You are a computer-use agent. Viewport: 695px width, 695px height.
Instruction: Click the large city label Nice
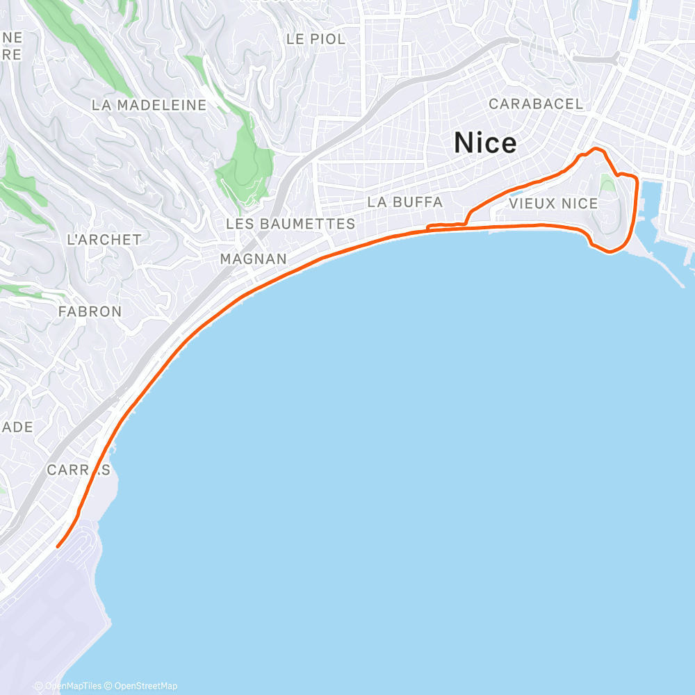click(485, 143)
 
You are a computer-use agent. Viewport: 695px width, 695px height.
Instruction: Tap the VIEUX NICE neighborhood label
click(553, 204)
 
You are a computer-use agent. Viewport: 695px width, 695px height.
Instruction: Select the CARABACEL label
click(535, 104)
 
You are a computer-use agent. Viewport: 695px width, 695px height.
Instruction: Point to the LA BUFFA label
click(404, 202)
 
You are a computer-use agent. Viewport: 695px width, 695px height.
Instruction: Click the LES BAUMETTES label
click(291, 224)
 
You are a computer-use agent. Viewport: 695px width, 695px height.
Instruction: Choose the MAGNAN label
click(253, 259)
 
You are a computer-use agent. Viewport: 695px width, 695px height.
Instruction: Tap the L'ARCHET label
click(104, 239)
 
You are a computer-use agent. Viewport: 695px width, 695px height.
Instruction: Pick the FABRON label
click(90, 311)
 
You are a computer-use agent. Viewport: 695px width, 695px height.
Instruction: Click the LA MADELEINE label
click(149, 105)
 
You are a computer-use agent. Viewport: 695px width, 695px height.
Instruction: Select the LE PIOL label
click(316, 39)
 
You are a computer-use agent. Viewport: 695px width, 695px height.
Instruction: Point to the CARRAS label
click(78, 470)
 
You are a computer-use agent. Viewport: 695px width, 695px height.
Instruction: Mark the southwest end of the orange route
click(57, 546)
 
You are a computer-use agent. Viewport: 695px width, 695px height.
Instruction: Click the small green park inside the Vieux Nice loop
click(607, 184)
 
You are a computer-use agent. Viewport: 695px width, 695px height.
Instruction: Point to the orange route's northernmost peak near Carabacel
click(593, 148)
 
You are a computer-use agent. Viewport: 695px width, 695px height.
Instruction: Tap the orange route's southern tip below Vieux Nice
click(610, 251)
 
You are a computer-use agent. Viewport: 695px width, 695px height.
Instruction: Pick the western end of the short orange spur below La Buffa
click(427, 226)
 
